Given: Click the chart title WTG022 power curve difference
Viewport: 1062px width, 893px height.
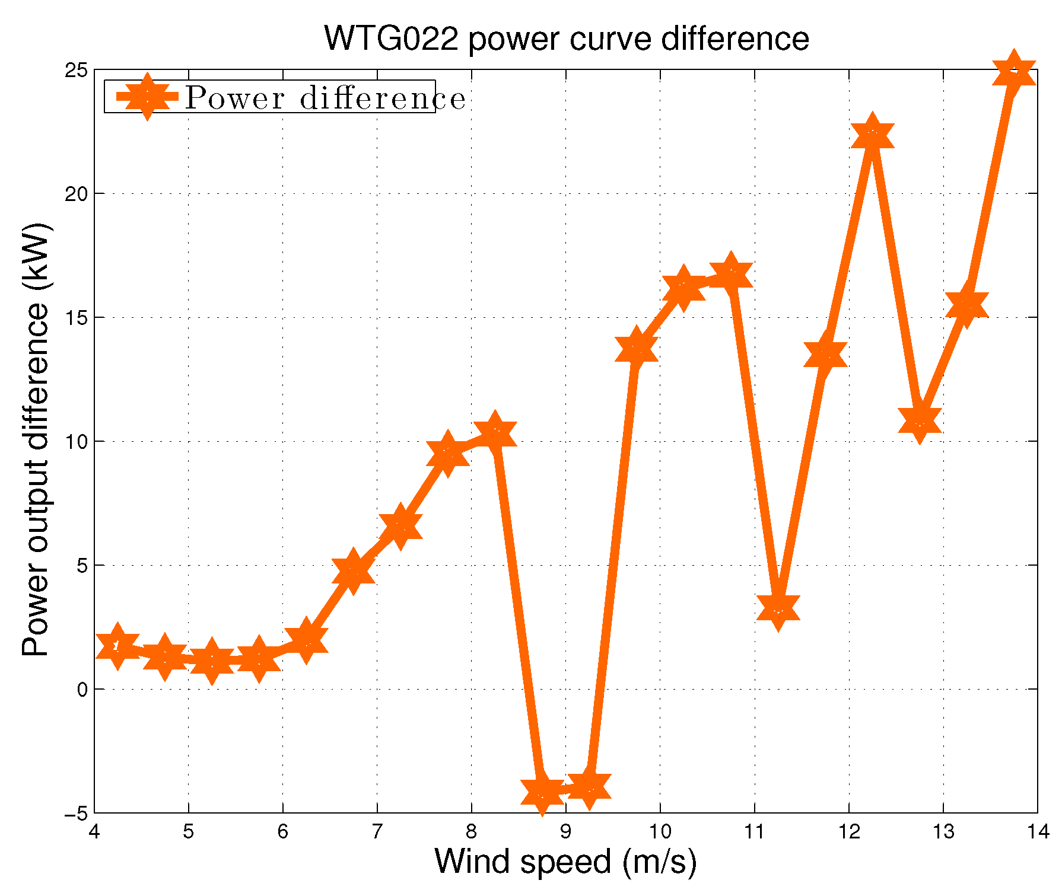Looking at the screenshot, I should [x=567, y=39].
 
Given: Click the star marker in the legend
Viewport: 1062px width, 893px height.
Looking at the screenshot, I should [x=147, y=97].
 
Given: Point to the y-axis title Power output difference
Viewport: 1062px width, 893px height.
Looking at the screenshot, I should [x=36, y=439].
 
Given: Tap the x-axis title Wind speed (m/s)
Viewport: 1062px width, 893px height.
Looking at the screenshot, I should [x=565, y=861].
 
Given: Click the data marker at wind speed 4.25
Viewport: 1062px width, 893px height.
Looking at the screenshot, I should [x=117, y=646].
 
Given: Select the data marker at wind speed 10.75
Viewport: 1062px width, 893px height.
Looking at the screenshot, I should [x=730, y=275].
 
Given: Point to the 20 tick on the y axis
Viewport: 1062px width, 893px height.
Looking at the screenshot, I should [x=76, y=194].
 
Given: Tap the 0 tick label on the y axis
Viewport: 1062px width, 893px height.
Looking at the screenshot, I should [x=82, y=690].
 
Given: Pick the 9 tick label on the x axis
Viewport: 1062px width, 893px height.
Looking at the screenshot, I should [x=565, y=832].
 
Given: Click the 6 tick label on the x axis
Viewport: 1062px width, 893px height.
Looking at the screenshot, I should [x=282, y=832].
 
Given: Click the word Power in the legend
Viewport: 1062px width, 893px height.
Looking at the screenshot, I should [x=235, y=98].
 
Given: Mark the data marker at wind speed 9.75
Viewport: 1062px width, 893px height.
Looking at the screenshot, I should [x=636, y=349].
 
